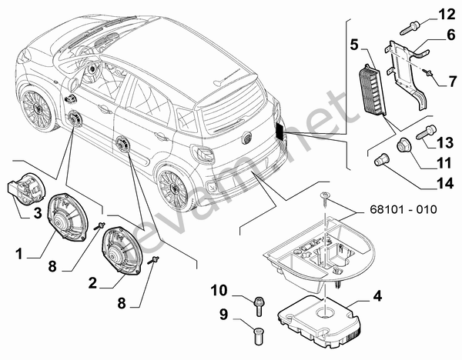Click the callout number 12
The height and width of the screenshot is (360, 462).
(447, 14)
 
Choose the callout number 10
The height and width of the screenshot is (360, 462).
(219, 290)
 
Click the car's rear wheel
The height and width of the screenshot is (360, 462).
(174, 185)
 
